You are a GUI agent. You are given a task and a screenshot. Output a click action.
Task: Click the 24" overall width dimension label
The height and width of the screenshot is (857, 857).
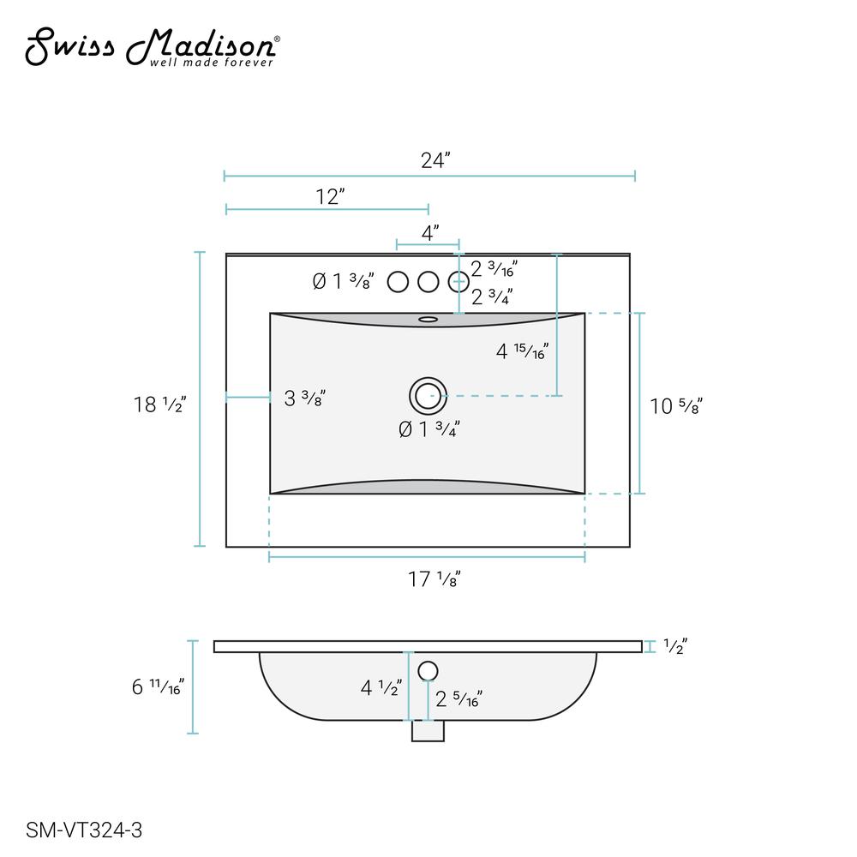[435, 160]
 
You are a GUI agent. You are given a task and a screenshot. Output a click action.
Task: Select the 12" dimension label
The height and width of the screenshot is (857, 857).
[330, 196]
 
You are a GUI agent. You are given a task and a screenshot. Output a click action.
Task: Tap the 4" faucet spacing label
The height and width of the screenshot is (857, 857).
[430, 233]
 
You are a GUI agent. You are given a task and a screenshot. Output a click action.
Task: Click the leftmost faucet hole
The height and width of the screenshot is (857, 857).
[398, 282]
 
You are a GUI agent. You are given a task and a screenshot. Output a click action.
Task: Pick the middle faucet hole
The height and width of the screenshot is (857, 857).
[428, 282]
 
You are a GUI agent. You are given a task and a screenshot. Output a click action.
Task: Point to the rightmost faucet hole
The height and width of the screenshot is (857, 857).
[458, 282]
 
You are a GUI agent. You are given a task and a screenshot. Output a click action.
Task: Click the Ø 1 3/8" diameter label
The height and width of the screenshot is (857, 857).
[344, 281]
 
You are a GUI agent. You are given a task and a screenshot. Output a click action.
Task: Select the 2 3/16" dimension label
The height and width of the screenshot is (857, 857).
[494, 268]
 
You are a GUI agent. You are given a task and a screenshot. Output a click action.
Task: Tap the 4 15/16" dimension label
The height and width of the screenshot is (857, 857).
[522, 351]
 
